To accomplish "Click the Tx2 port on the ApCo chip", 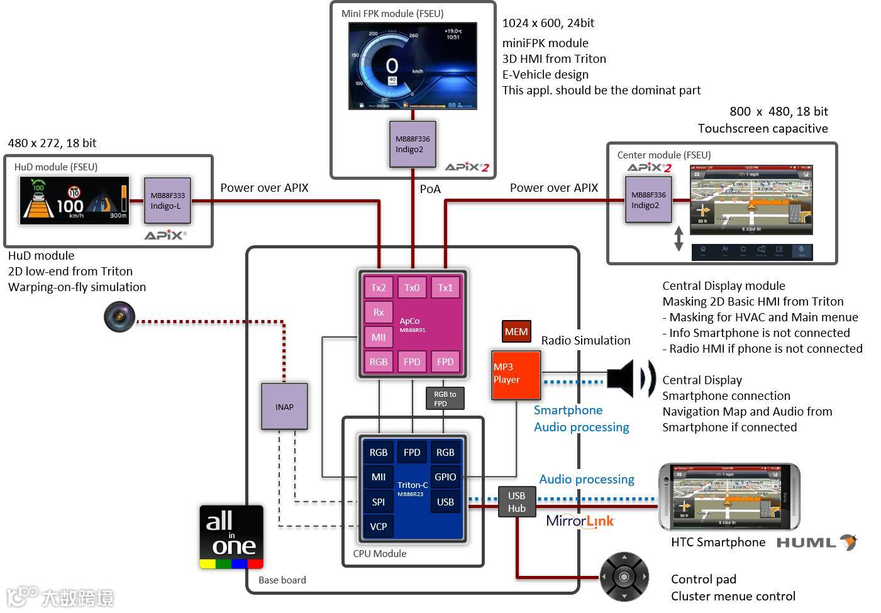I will click(x=379, y=287).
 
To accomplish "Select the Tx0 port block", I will click(x=412, y=287).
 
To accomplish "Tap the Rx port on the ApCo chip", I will click(x=379, y=312).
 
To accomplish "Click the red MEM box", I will click(x=516, y=331).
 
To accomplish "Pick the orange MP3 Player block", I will click(x=516, y=375).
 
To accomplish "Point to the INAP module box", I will click(x=284, y=407).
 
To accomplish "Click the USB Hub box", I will click(x=517, y=502).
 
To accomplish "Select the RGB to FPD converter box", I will click(x=445, y=399).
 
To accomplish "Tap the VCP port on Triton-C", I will click(x=379, y=526).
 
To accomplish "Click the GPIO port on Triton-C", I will click(x=445, y=477).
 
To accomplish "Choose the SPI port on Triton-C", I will click(x=379, y=502).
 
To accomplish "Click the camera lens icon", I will click(x=119, y=316).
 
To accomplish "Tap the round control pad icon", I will click(x=624, y=577).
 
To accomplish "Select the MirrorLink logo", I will click(x=580, y=521).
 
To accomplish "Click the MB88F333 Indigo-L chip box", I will click(x=167, y=201).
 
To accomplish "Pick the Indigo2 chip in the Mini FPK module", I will click(x=413, y=145).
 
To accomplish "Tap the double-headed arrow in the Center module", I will click(x=679, y=239).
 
